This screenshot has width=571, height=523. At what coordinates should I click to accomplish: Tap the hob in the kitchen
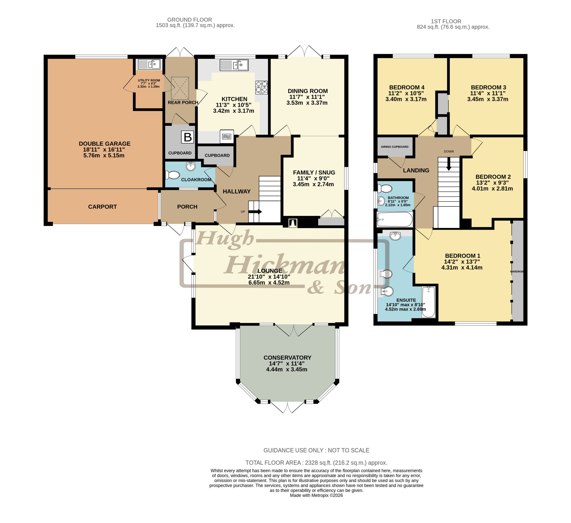tap(261, 87)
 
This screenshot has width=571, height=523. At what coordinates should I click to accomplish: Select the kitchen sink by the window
tap(234, 65)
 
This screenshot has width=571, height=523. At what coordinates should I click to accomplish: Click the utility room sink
tap(149, 64)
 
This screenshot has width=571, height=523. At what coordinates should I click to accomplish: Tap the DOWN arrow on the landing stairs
tap(449, 164)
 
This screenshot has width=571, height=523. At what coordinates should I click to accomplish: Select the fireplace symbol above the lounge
tap(293, 223)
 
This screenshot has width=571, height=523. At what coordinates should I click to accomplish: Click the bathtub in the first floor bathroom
tap(395, 220)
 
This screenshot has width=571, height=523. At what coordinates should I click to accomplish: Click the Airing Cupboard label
tap(395, 147)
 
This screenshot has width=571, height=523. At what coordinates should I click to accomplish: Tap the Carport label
tap(103, 207)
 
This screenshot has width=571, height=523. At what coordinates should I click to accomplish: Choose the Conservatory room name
tap(288, 358)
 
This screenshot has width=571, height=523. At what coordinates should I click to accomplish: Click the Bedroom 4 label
tap(407, 87)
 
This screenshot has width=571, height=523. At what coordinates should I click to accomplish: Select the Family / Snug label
tap(314, 172)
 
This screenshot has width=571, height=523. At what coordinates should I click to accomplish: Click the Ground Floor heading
tap(190, 20)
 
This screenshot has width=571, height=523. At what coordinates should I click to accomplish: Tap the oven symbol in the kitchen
tap(227, 136)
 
